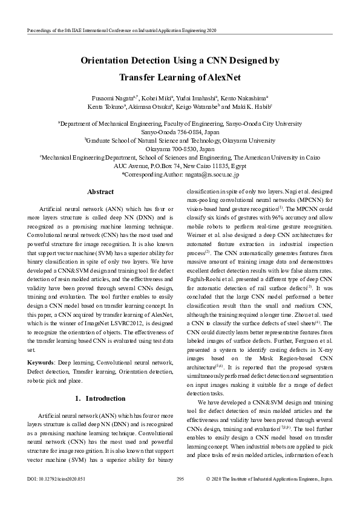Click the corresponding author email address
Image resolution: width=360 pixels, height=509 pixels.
click(211, 174)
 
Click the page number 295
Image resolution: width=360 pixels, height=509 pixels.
click(180, 479)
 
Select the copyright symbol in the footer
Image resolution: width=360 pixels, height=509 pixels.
click(209, 479)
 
